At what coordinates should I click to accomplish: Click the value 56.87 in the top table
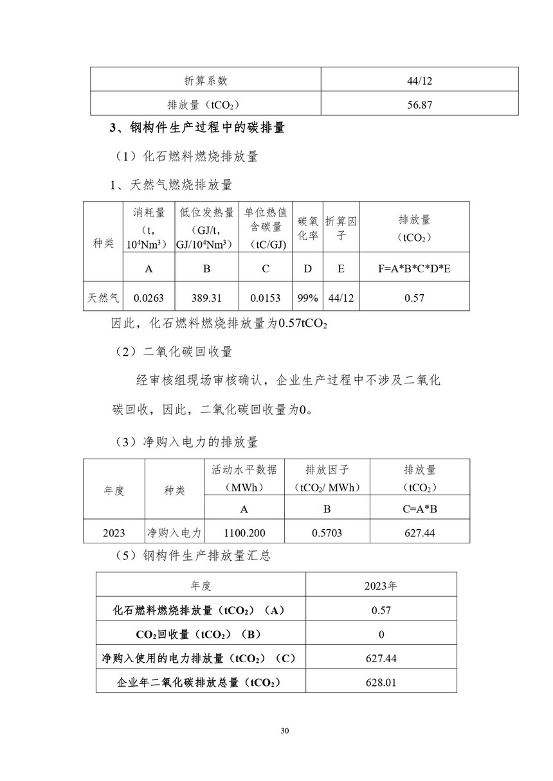[419, 104]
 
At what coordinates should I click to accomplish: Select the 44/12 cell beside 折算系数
[419, 81]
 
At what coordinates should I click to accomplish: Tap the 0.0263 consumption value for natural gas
[149, 298]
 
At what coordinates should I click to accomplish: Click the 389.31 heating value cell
[206, 298]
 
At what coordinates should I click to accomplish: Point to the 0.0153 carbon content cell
[266, 298]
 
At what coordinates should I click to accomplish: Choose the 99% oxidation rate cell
[308, 298]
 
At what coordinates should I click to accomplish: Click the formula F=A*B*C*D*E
[414, 268]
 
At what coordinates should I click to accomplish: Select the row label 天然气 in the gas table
[103, 298]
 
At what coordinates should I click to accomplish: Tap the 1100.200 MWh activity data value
[244, 532]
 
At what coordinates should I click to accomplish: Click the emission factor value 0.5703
[327, 532]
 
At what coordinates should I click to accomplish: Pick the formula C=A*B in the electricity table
[419, 509]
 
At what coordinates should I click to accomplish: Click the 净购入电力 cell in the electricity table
[174, 532]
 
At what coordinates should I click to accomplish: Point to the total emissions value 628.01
[381, 681]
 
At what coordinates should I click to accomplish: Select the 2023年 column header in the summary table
[381, 586]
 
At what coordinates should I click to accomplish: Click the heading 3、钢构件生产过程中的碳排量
[197, 128]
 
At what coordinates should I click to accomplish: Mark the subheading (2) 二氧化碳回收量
[173, 351]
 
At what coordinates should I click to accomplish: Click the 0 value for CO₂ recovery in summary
[381, 634]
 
